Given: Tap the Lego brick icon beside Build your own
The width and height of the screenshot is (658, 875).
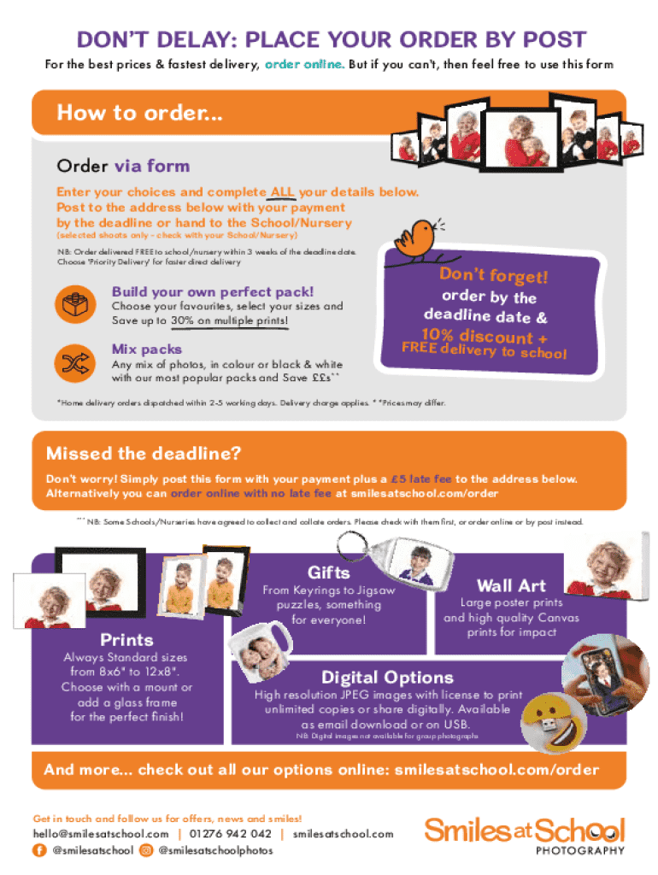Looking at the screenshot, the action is (75, 305).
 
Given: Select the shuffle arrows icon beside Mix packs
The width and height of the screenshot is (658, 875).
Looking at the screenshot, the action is (75, 363).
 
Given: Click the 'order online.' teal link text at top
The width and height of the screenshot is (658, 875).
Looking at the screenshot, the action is (304, 64).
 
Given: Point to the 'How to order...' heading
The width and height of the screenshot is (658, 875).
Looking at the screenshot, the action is (139, 113).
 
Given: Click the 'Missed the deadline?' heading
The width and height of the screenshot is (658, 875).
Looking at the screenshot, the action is (144, 453).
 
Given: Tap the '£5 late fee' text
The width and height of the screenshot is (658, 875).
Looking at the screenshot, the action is (420, 479).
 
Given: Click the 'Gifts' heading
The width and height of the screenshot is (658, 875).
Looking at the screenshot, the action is (329, 573).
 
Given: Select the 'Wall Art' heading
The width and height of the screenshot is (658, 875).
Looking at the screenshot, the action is (511, 585).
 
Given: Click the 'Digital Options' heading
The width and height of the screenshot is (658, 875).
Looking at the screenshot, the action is (387, 677).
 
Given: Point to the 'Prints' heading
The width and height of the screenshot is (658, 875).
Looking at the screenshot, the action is (126, 639).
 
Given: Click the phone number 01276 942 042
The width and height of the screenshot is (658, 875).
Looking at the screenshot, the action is (231, 834).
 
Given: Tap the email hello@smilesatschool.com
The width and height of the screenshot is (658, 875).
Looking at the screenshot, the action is (101, 834).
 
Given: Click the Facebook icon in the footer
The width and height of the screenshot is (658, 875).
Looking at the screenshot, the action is (39, 850).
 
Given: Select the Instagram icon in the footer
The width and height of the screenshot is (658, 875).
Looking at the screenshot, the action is (145, 850).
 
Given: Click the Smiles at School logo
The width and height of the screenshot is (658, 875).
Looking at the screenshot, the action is (525, 836).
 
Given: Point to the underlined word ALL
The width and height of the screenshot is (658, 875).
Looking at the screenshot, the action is (282, 192).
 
